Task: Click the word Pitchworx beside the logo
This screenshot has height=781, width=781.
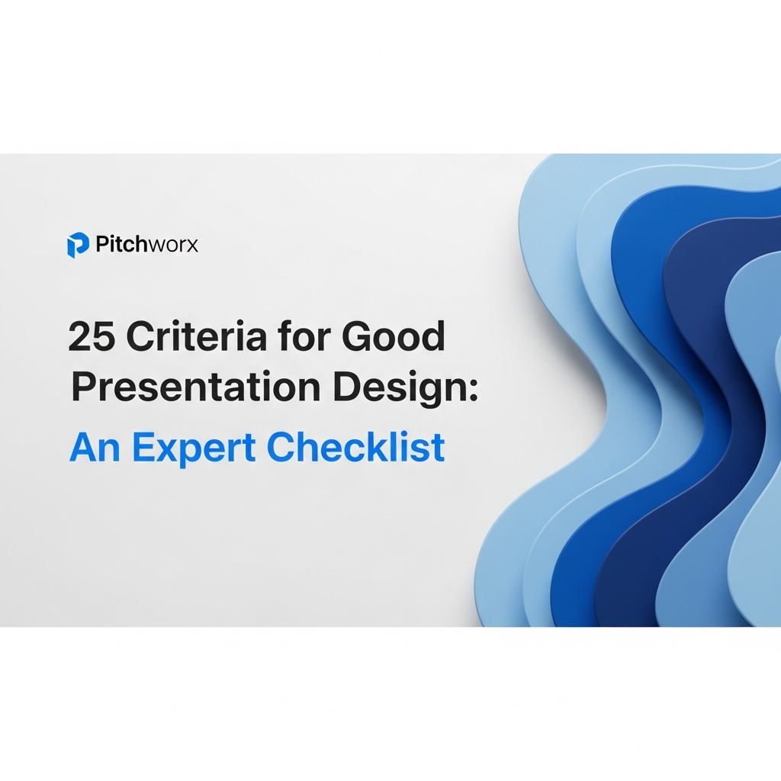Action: (146, 245)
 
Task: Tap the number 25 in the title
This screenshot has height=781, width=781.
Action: (90, 336)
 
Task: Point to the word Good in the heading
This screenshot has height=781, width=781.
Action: (394, 336)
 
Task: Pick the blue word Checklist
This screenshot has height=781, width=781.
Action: (355, 448)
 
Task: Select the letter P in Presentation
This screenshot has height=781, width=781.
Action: (83, 387)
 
